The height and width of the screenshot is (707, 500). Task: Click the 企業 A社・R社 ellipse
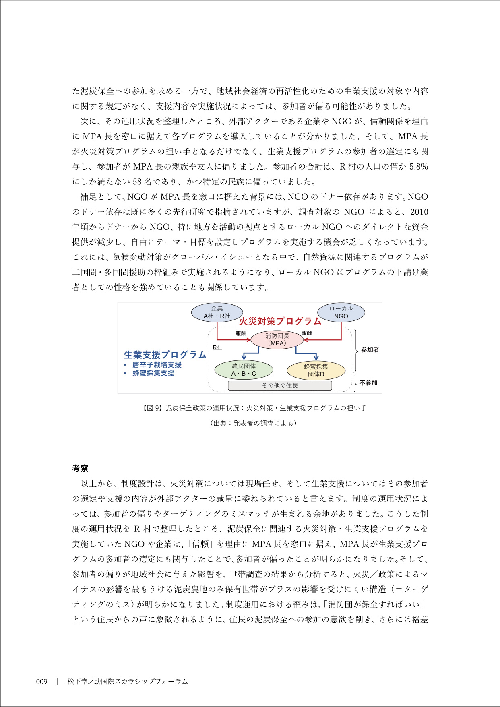[217, 312]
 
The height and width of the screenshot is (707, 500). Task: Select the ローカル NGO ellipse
[341, 312]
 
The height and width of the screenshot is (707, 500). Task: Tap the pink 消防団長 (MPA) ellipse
[277, 339]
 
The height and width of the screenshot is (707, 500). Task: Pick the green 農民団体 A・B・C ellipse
[244, 370]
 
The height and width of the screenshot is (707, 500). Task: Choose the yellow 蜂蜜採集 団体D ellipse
[316, 370]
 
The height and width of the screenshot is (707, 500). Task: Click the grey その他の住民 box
[280, 386]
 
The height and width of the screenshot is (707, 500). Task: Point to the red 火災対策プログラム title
[280, 321]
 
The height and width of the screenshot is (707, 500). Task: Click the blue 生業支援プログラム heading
[165, 355]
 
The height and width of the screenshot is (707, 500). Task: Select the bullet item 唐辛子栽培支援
[157, 365]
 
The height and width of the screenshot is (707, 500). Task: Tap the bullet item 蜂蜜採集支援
[153, 373]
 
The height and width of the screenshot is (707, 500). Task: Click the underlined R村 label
[217, 347]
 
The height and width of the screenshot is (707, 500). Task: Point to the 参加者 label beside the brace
[370, 350]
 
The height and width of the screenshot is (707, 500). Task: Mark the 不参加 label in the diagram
[368, 383]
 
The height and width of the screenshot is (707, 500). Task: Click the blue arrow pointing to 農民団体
[244, 356]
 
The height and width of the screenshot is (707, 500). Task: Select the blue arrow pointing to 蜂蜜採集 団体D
[316, 356]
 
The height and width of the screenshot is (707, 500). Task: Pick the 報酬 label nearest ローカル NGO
[307, 333]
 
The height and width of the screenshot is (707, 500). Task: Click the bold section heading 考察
[80, 468]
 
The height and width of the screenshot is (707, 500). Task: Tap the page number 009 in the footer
[41, 682]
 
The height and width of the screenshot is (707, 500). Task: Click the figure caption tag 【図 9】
[152, 408]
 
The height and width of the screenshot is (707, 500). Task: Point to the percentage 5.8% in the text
[419, 167]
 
